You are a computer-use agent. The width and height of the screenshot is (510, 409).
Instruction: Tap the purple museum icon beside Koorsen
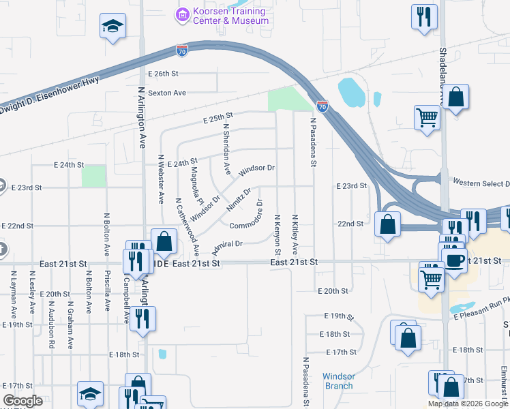(181, 14)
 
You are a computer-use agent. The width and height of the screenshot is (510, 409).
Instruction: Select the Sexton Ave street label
(167, 93)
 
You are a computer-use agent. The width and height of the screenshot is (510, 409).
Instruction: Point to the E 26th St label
(162, 73)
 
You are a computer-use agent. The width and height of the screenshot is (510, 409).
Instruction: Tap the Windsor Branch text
(338, 381)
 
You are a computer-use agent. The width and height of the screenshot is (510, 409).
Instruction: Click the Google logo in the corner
(22, 401)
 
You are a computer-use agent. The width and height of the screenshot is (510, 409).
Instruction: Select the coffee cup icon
(454, 259)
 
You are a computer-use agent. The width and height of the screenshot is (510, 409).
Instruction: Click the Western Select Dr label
(481, 183)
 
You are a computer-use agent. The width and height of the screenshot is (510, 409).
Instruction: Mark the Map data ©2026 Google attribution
(467, 404)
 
